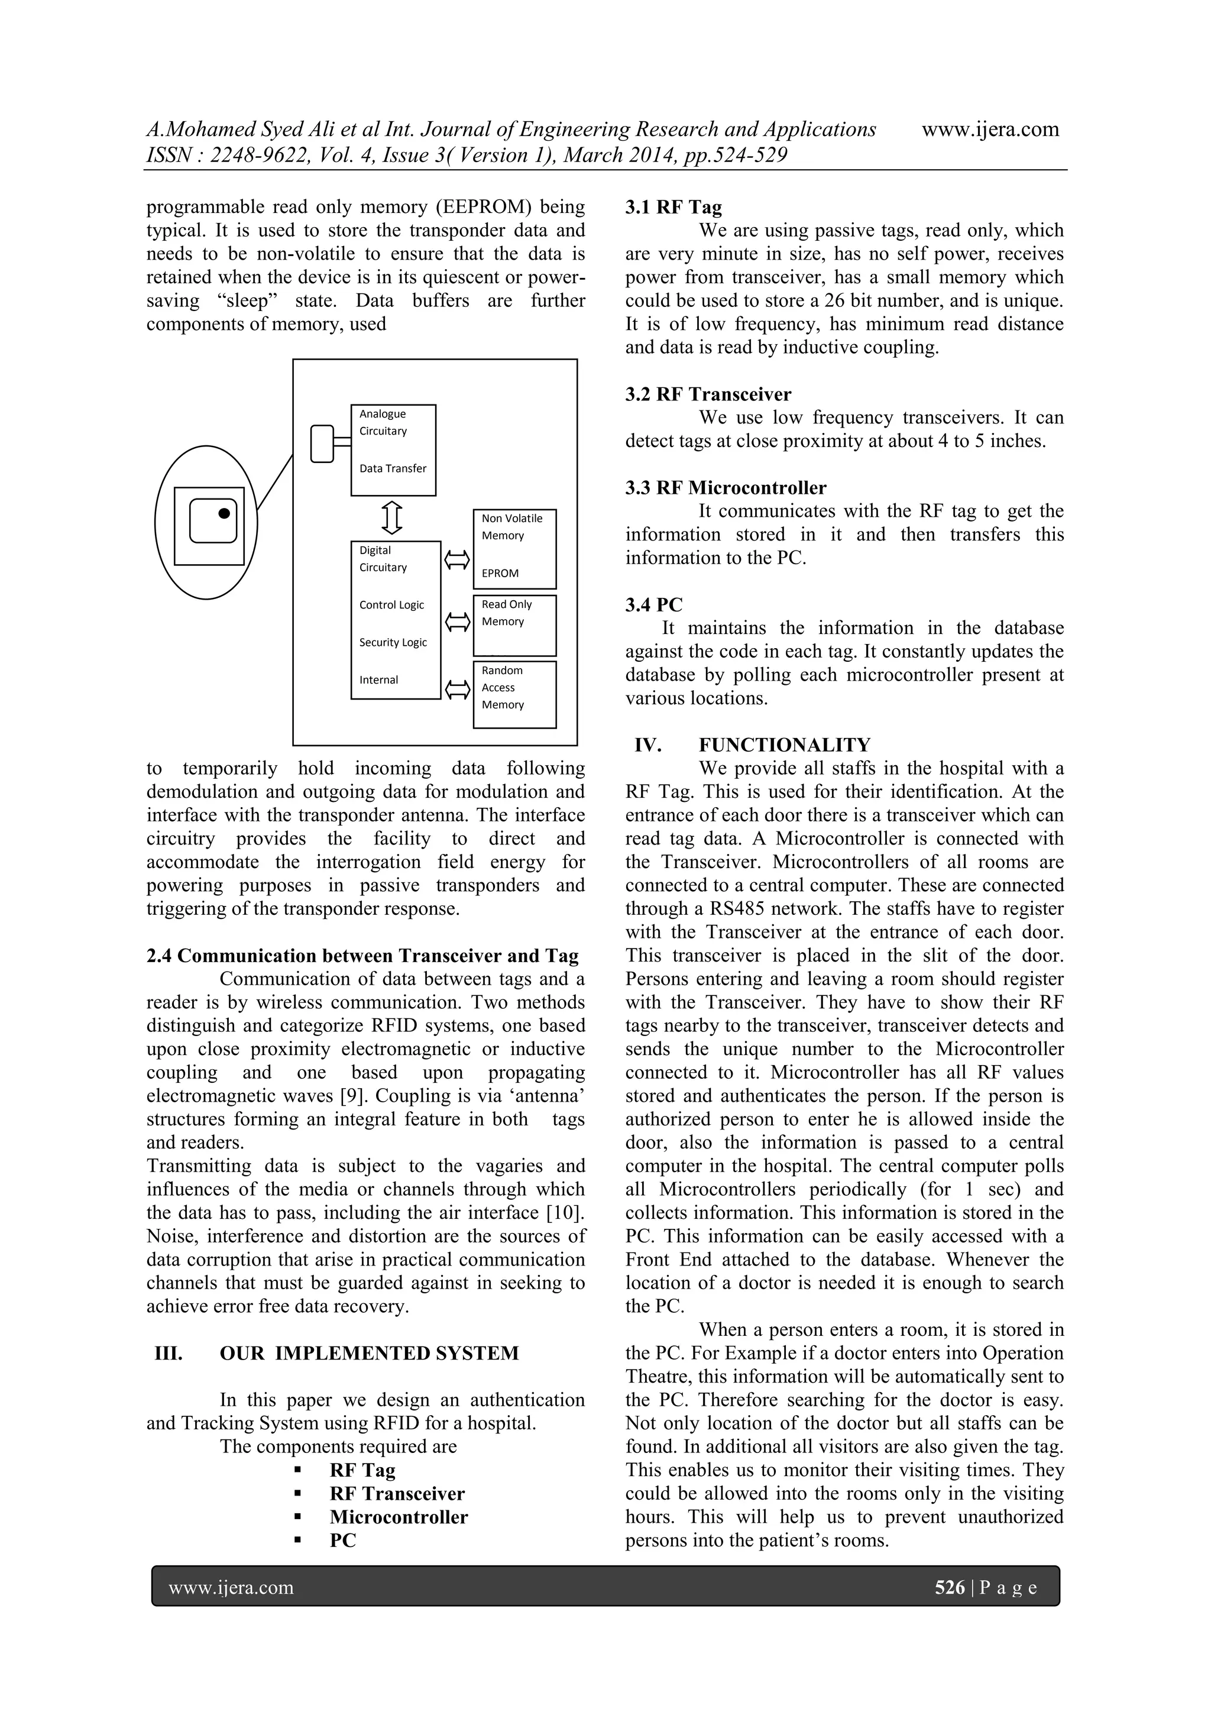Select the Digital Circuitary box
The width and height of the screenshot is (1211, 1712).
[395, 620]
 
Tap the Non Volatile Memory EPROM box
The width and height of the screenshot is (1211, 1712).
[514, 549]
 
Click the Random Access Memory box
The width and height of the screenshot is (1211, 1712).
[514, 694]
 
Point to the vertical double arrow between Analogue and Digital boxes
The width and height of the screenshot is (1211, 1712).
[392, 517]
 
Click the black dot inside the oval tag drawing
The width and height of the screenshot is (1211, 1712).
[223, 513]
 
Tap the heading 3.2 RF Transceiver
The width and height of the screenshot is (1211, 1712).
[708, 394]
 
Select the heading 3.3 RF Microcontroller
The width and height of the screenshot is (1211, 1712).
[726, 488]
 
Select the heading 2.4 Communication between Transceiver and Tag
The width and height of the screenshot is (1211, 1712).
[362, 956]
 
